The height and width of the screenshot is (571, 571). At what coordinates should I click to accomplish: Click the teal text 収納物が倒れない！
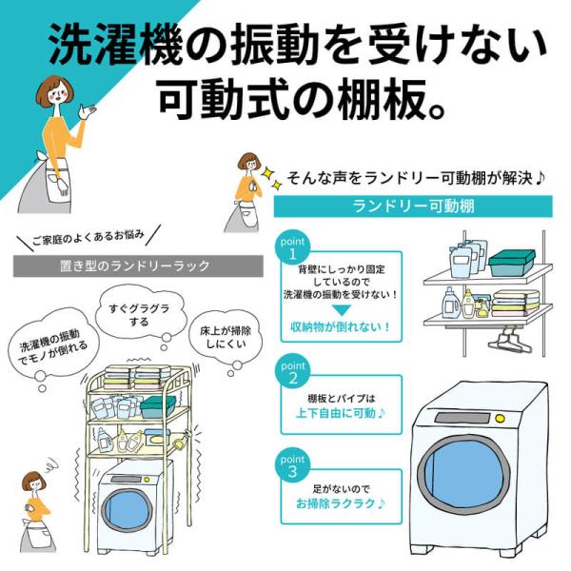point(341,327)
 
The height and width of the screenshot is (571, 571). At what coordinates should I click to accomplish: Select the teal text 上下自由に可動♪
point(341,413)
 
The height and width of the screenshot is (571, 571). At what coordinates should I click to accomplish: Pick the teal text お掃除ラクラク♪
point(341,502)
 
